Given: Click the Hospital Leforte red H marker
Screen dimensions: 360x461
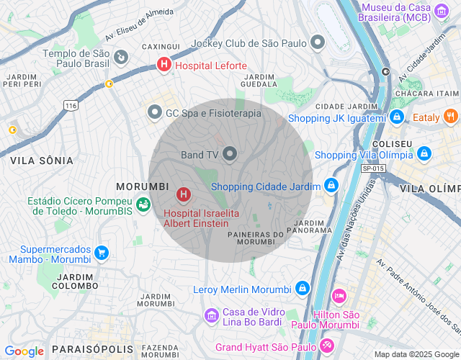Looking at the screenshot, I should tap(164, 66).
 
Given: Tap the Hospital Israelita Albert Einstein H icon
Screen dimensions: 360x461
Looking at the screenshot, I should tap(184, 194).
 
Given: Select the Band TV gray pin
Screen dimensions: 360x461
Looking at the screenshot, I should tap(230, 154).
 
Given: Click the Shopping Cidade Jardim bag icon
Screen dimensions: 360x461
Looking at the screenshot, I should tap(331, 186).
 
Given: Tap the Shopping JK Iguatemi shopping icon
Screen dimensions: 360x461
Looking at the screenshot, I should tap(397, 117).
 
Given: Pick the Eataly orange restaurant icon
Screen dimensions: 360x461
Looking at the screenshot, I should tap(450, 117).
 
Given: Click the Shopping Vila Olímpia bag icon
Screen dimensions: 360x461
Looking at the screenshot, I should tap(424, 154).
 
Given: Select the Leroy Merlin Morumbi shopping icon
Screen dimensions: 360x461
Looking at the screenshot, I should tap(303, 289).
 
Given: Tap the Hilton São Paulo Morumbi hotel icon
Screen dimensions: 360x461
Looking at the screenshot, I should tap(339, 296).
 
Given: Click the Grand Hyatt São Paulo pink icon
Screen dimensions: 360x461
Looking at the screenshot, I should tap(326, 347).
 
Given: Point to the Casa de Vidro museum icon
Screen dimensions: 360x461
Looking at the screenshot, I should tap(211, 315).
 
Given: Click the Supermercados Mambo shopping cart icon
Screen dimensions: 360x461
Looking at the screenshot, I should tap(101, 253).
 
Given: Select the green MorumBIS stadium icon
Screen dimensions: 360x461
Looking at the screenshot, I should tap(143, 204).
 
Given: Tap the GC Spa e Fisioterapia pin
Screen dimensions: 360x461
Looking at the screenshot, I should tap(154, 113).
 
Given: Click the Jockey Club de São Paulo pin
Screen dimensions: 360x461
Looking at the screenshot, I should tap(316, 42).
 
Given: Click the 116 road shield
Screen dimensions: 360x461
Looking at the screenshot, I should tap(70, 106).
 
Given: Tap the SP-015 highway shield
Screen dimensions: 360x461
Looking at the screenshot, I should tap(374, 168).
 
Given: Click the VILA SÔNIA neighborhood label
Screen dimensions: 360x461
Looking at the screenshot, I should tap(42, 160).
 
